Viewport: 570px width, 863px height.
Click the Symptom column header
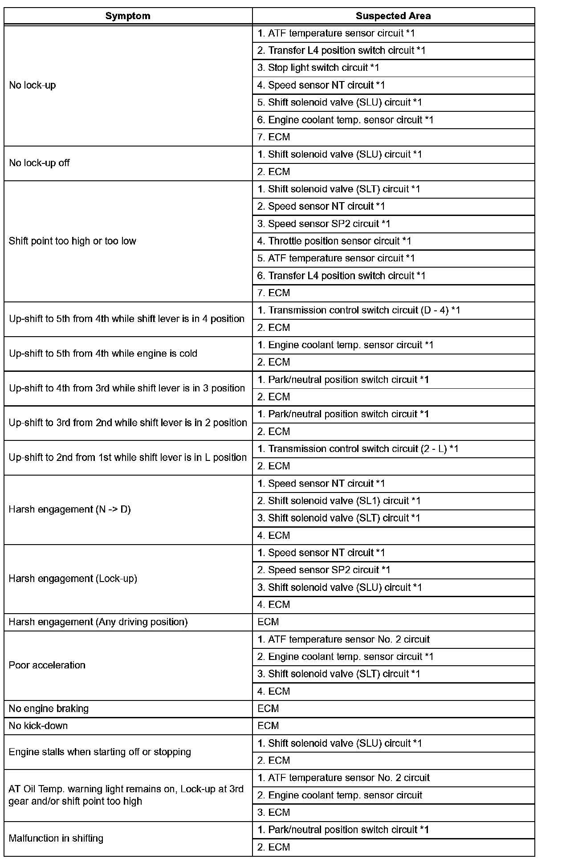coord(128,16)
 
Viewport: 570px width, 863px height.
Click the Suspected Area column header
coord(393,16)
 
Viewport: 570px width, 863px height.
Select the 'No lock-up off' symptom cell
coord(39,163)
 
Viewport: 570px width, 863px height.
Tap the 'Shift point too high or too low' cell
coord(73,241)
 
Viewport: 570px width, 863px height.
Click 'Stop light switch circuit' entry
coord(318,68)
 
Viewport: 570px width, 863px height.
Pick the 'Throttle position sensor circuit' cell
coord(334,241)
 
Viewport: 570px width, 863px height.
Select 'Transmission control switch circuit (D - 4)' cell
coord(358,310)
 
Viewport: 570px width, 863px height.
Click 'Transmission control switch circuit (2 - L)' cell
coord(358,449)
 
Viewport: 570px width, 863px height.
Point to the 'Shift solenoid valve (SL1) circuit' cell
coord(338,501)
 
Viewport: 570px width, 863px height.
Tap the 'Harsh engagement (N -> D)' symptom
coord(70,509)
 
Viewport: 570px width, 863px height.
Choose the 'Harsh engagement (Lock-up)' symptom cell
coord(73,579)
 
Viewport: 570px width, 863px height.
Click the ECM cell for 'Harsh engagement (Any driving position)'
coord(268,622)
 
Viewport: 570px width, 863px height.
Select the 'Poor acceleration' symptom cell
coord(47,665)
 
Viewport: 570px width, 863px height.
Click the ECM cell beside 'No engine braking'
coord(268,708)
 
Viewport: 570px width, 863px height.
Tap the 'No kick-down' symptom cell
coord(38,726)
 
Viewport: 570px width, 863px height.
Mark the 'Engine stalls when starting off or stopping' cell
coord(100,752)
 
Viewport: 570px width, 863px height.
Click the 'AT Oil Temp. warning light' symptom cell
coord(126,795)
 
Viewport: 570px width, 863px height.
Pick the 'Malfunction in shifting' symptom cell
coord(56,839)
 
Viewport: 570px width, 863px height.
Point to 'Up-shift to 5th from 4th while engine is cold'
coord(103,354)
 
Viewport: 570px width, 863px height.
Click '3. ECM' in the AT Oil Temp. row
coord(273,813)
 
